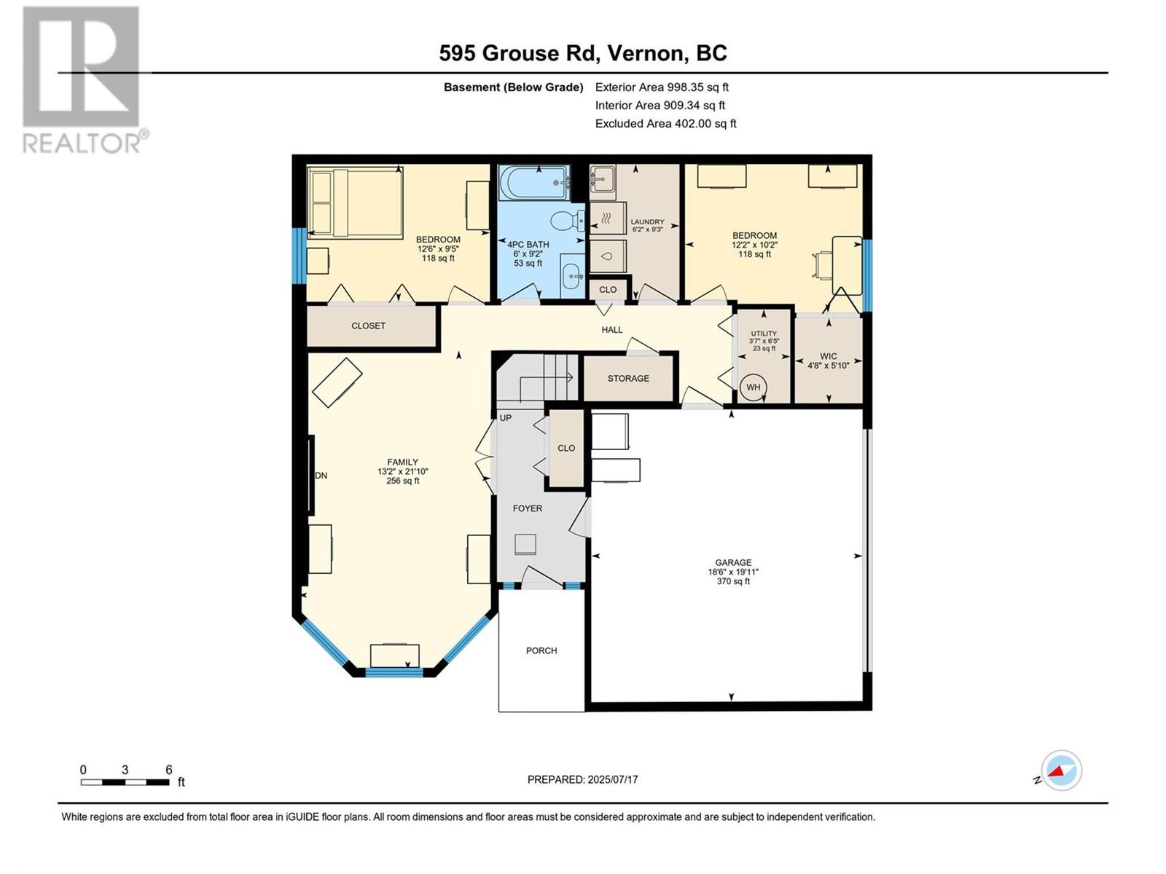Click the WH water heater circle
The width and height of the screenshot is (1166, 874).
754,387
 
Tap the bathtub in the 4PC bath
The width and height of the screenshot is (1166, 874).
534,183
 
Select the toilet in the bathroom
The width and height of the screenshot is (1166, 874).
568,221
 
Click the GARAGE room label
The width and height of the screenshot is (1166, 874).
733,562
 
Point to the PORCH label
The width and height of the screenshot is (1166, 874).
541,650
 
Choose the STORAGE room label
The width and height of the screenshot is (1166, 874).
628,378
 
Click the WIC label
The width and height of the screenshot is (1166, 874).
828,356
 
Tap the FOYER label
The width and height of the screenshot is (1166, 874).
528,508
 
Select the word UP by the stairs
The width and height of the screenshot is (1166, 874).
506,418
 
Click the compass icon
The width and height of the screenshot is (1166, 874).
1061,770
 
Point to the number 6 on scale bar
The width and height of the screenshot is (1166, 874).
169,769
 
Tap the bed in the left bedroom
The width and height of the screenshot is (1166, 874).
355,202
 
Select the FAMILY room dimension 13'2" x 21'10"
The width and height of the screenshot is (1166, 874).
403,471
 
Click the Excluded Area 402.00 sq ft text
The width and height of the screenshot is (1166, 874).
665,124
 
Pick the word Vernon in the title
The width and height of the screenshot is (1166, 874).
644,54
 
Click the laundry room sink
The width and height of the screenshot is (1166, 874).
603,179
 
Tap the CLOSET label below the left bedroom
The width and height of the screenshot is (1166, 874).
368,326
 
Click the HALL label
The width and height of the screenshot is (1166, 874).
612,329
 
